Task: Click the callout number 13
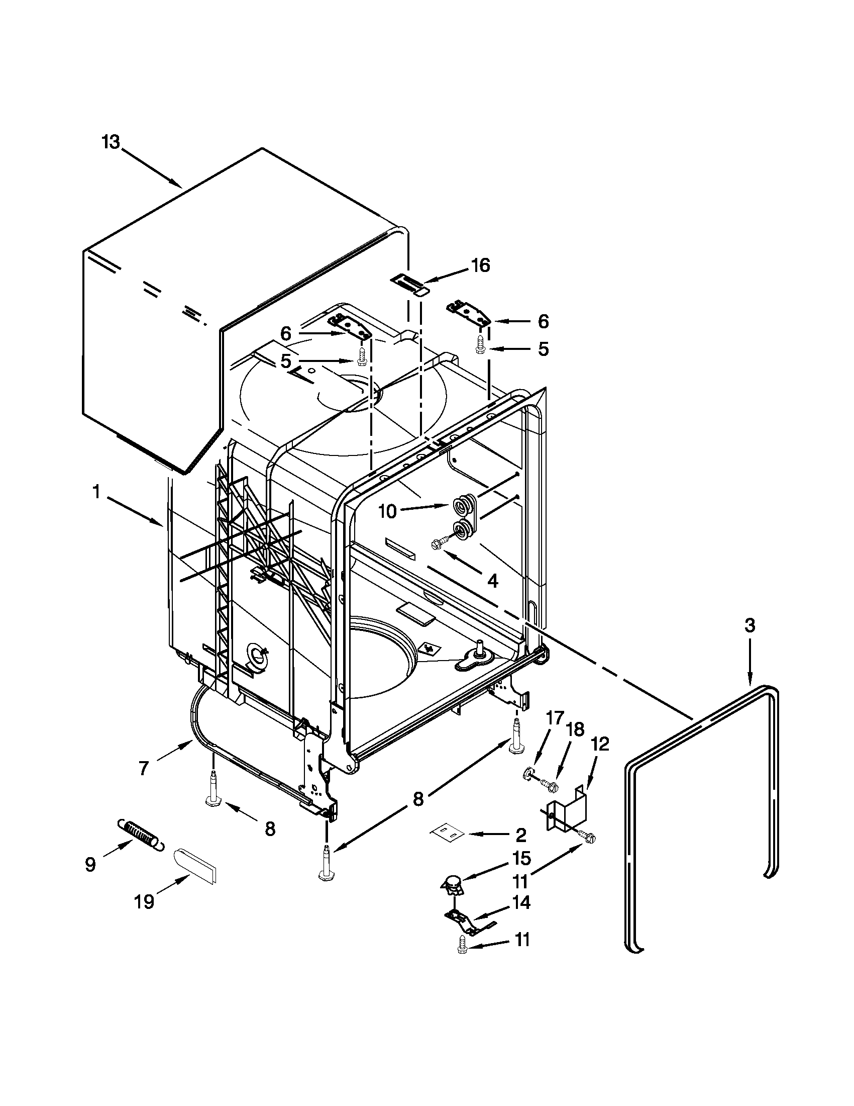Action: [111, 142]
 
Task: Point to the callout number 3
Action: [750, 625]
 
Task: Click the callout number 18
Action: [576, 730]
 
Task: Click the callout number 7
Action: [143, 768]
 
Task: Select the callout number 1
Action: [95, 492]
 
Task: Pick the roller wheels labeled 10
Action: [461, 516]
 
